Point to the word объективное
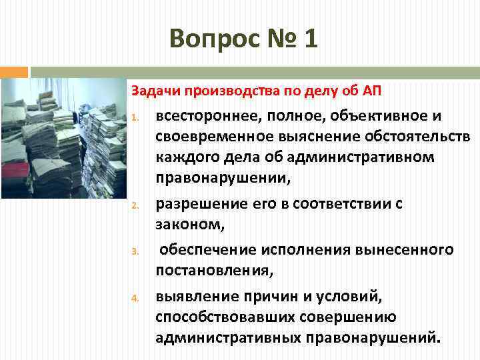tap(378, 117)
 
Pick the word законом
tap(190, 225)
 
